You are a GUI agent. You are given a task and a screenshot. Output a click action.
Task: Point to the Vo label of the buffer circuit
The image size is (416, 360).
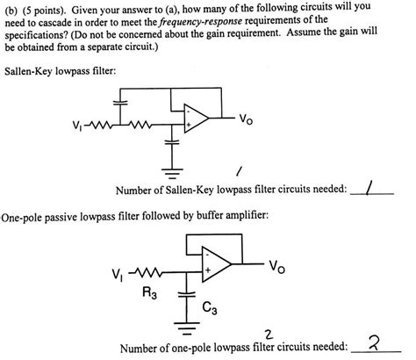pos(276,263)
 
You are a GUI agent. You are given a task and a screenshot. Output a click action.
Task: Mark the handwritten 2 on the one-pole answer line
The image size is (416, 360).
pos(375,346)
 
